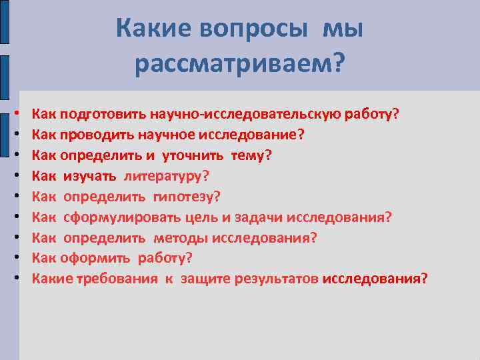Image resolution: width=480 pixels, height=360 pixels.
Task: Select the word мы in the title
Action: [344, 29]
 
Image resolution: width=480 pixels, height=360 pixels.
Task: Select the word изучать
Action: [91, 175]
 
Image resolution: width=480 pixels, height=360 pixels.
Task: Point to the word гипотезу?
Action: [186, 196]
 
